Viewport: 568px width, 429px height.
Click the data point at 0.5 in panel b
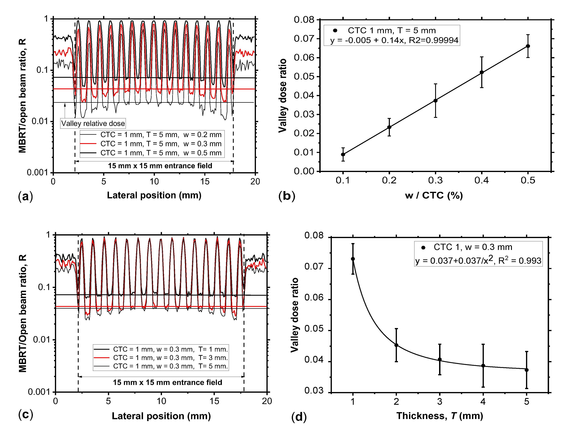click(x=528, y=46)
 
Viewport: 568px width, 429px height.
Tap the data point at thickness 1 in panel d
click(x=353, y=259)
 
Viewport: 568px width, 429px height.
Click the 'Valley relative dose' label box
click(x=93, y=123)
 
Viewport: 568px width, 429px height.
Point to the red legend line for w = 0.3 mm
click(x=88, y=144)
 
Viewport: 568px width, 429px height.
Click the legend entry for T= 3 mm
click(x=170, y=358)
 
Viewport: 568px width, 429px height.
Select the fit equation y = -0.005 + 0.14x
click(x=394, y=40)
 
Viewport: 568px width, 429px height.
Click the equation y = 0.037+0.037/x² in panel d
click(x=478, y=260)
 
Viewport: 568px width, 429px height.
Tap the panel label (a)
click(x=25, y=196)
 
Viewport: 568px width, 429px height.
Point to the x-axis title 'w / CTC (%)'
click(x=434, y=196)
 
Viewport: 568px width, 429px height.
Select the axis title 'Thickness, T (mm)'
click(x=440, y=416)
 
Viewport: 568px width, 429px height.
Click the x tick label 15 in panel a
click(x=205, y=182)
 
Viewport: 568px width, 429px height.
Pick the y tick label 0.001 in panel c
click(x=39, y=392)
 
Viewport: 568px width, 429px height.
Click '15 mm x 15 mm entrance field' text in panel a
click(x=160, y=166)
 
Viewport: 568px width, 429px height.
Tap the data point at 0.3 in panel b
click(x=435, y=101)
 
